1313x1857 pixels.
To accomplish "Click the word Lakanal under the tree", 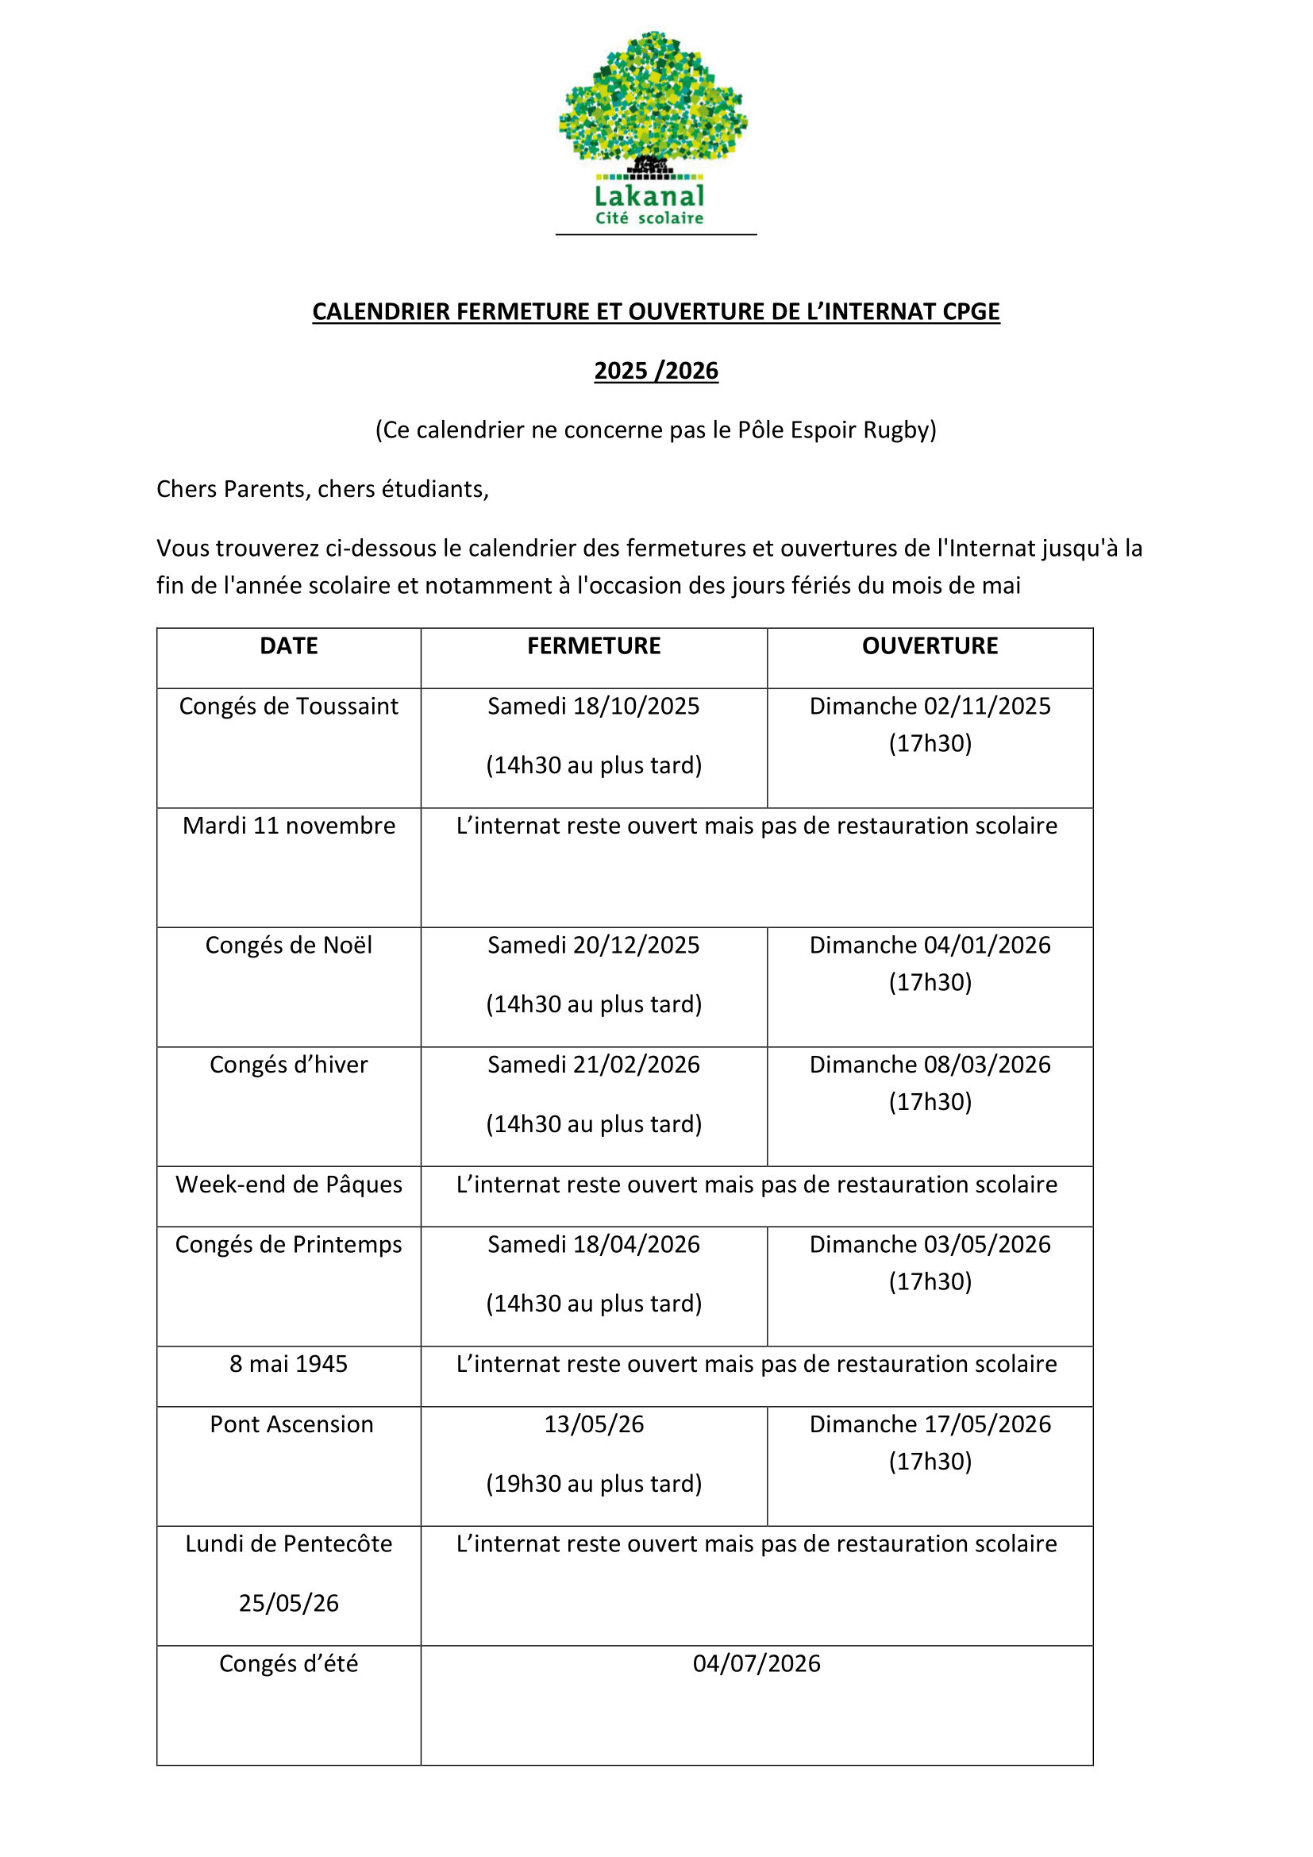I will pyautogui.click(x=649, y=196).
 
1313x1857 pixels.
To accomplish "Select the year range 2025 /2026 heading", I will pyautogui.click(x=656, y=371).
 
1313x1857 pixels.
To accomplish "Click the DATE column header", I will pyautogui.click(x=289, y=645).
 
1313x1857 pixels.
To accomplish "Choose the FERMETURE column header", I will pyautogui.click(x=594, y=645).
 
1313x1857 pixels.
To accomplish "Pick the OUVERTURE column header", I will pyautogui.click(x=930, y=645).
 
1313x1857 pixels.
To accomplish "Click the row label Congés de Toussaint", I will pyautogui.click(x=289, y=706).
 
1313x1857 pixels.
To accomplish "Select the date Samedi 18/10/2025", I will pyautogui.click(x=594, y=706).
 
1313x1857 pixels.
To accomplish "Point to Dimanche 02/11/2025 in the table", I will pyautogui.click(x=930, y=706).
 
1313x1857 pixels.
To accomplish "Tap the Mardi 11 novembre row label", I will pyautogui.click(x=289, y=826).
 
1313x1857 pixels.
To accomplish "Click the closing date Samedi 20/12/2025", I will pyautogui.click(x=594, y=945).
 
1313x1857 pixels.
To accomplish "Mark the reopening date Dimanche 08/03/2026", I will pyautogui.click(x=930, y=1065).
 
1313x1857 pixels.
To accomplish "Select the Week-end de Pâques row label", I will pyautogui.click(x=289, y=1184).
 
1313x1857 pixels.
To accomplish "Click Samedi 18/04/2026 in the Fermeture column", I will pyautogui.click(x=594, y=1244).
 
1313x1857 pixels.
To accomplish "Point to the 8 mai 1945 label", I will pyautogui.click(x=289, y=1364).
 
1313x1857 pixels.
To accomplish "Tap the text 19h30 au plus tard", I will pyautogui.click(x=594, y=1483).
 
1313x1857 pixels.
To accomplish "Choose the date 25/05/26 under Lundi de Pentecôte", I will pyautogui.click(x=289, y=1603).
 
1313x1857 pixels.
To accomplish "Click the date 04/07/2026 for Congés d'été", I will pyautogui.click(x=756, y=1663).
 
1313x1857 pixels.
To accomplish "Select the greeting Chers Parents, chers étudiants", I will pyautogui.click(x=322, y=489).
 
